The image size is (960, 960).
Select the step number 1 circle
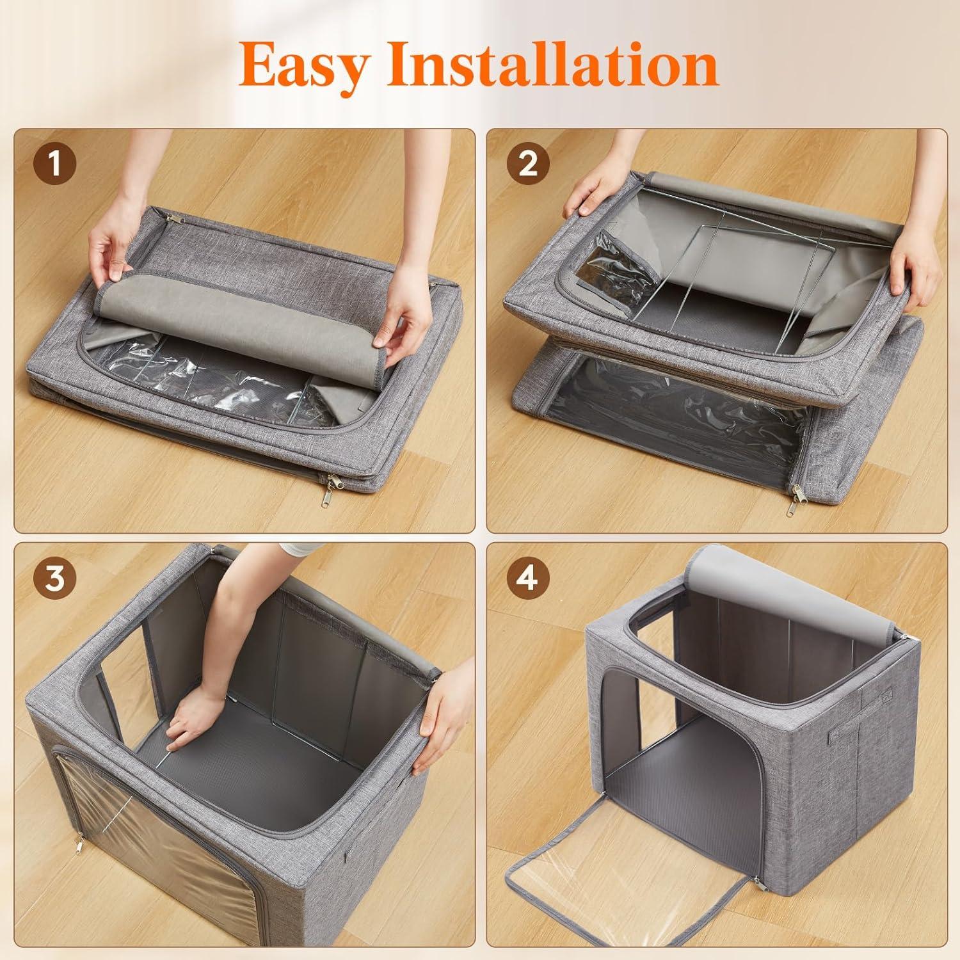tap(55, 164)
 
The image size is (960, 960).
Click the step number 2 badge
tap(528, 164)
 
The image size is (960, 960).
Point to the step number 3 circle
tap(55, 579)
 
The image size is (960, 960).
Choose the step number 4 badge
tap(528, 579)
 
